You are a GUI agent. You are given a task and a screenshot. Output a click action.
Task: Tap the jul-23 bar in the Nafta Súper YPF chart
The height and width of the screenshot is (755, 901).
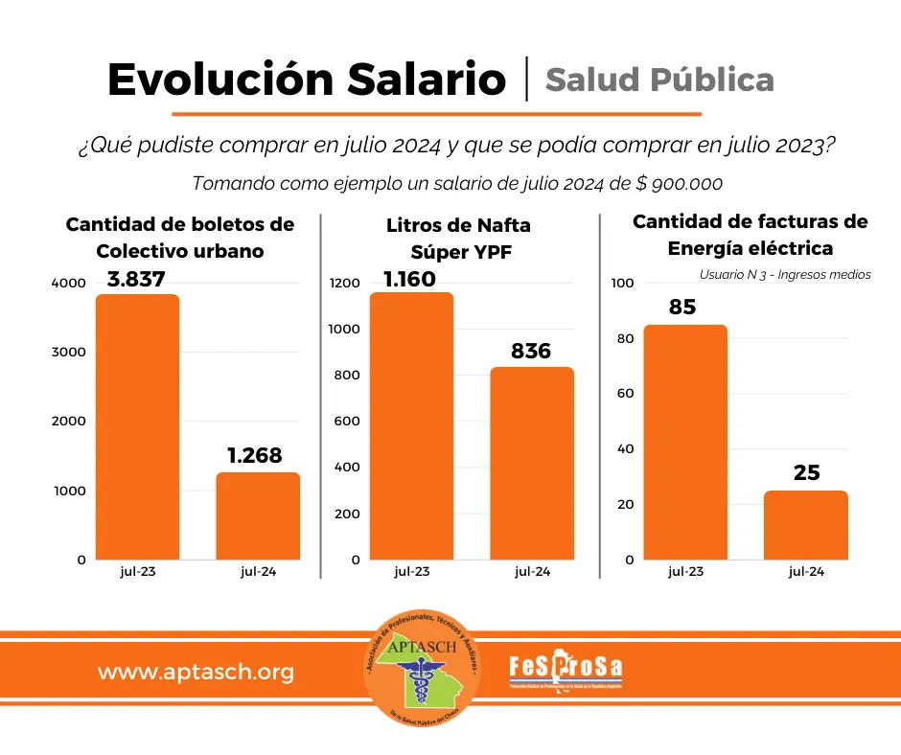point(411,425)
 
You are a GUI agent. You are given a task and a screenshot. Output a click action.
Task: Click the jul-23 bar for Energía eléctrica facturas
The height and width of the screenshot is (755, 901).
point(685,442)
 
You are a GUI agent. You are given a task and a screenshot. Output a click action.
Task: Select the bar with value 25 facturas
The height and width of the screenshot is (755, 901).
point(806,525)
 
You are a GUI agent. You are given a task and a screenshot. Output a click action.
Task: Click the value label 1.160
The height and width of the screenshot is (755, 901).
point(409,280)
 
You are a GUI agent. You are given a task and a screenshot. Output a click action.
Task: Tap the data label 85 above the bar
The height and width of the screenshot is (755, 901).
point(683,309)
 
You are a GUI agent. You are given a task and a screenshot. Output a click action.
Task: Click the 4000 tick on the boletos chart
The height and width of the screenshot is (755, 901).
point(69,284)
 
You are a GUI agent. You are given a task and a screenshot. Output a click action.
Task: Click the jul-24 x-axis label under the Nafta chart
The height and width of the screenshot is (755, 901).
point(532,572)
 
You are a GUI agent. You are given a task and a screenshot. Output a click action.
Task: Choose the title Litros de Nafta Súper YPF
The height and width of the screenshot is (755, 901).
point(458,239)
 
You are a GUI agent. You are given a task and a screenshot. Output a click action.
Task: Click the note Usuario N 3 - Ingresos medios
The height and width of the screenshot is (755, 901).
point(785,275)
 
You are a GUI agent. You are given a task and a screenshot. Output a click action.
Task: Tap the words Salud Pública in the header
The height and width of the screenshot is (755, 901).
point(659,80)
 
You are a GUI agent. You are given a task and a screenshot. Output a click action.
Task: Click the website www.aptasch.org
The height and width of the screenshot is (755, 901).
point(196,673)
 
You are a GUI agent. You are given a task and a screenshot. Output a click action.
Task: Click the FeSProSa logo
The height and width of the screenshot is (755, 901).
point(566,669)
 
